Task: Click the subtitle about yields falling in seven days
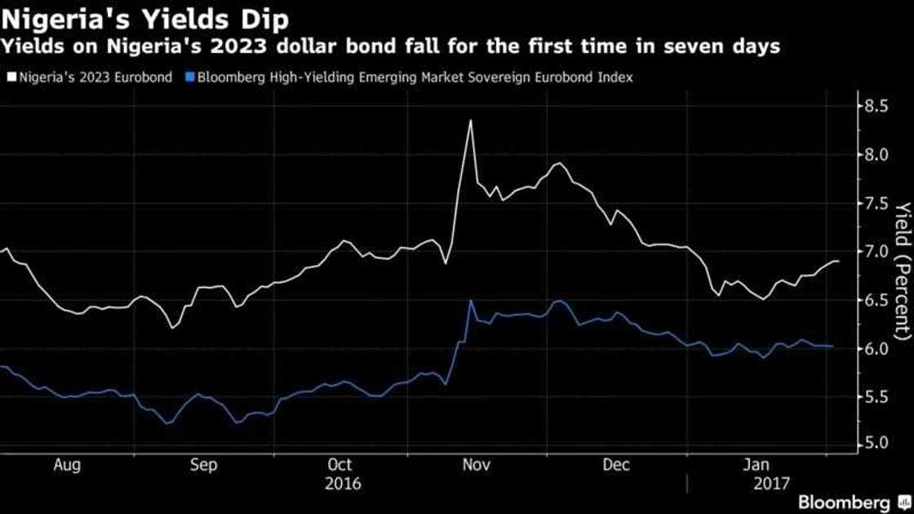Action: pos(390,47)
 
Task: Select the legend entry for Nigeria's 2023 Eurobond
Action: pos(92,78)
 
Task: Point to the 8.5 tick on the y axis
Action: pos(876,106)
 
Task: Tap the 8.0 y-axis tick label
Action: pos(876,155)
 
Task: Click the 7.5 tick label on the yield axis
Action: pos(876,203)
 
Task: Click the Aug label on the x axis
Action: pos(67,465)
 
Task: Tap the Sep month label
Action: pos(203,465)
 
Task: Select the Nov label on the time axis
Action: pos(476,465)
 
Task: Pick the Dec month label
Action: pos(616,465)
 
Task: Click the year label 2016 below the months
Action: pos(343,484)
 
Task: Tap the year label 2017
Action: pos(771,484)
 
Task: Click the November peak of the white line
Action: pos(470,121)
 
